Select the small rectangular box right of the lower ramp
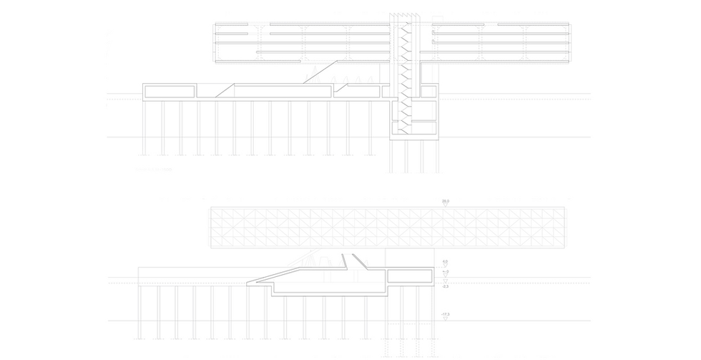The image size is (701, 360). [408, 274]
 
